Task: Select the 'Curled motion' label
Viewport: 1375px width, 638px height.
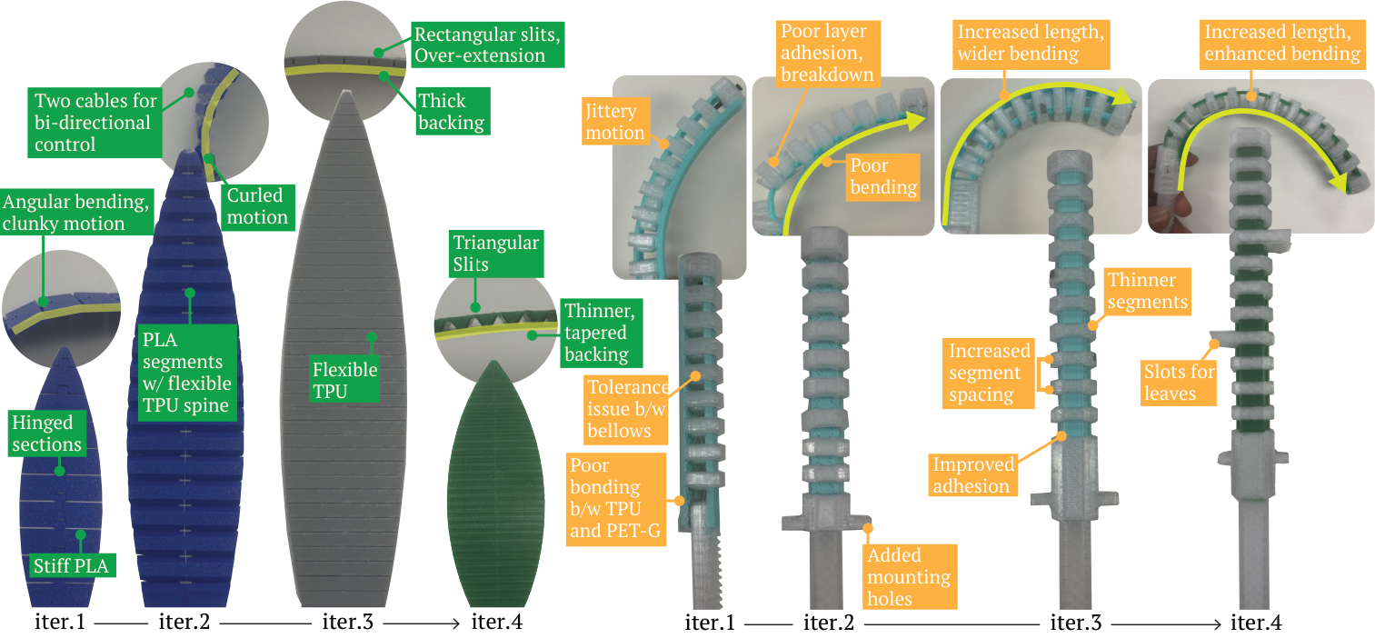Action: pos(256,206)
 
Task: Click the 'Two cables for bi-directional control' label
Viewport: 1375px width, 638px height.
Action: pos(95,122)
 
